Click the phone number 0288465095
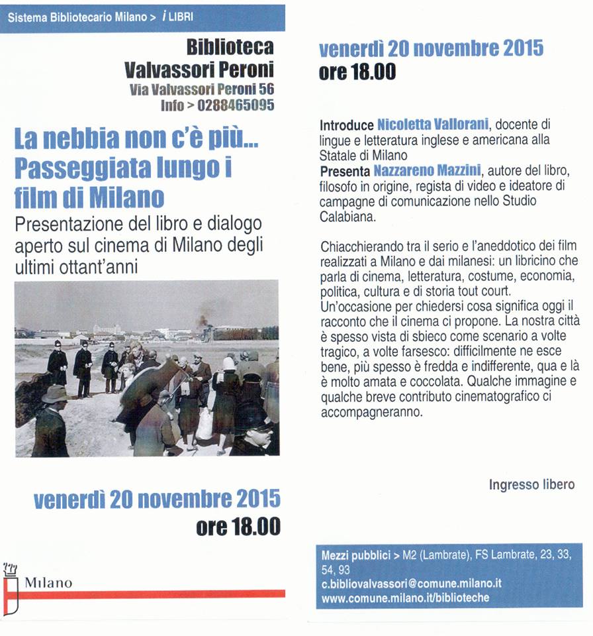point(236,105)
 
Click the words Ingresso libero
point(531,485)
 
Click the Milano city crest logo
point(11,582)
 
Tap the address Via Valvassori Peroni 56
point(202,89)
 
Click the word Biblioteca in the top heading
point(230,48)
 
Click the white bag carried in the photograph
point(205,424)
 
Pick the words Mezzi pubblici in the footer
point(355,556)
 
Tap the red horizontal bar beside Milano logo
point(152,594)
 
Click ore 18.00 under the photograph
point(238,527)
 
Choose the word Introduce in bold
point(347,124)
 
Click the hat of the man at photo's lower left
point(56,394)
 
